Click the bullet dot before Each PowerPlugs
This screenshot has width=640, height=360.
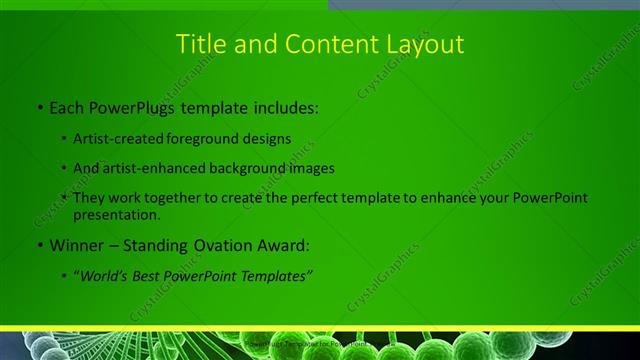click(x=38, y=106)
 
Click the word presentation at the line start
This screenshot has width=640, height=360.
click(x=116, y=214)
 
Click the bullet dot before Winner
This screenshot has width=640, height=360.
click(x=38, y=244)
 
